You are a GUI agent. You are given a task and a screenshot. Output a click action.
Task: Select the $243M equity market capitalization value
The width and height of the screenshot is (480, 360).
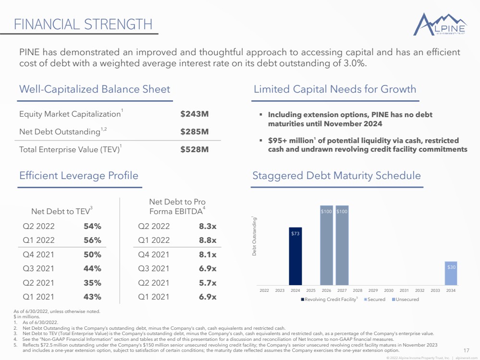click(x=194, y=114)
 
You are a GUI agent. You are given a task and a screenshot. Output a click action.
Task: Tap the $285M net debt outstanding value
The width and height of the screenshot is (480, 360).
click(x=194, y=132)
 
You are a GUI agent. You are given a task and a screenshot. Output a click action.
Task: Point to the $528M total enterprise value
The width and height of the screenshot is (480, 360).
click(x=194, y=150)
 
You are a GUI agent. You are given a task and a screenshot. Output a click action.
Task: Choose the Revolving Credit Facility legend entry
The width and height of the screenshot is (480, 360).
click(x=331, y=300)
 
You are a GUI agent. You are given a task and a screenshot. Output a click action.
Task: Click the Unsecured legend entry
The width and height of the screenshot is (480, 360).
click(x=406, y=300)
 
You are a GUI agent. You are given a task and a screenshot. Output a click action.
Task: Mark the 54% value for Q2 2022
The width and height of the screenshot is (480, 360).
click(x=92, y=226)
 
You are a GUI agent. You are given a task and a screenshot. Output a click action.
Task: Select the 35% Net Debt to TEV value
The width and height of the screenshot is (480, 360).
click(x=92, y=283)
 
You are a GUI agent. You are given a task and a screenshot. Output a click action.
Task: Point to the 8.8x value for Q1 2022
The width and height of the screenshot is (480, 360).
click(x=208, y=240)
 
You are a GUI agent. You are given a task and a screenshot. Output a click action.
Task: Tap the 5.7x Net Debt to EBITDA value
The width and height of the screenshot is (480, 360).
click(x=208, y=283)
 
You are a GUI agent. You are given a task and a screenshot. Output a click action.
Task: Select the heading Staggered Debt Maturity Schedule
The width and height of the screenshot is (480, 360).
click(x=336, y=176)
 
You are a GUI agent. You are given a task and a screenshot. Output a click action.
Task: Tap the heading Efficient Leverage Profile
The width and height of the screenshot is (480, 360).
click(x=79, y=176)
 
